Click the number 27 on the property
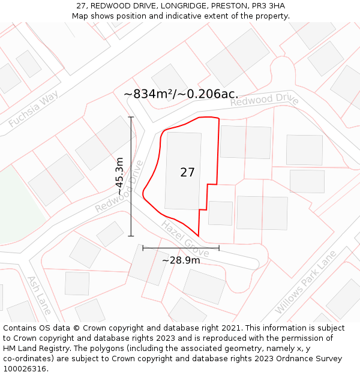point(187,172)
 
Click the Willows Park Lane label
point(305,283)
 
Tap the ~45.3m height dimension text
point(120,180)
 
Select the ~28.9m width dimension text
point(181,260)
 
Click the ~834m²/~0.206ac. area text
point(181,94)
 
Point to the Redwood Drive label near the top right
point(265,100)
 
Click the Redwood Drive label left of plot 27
point(120,186)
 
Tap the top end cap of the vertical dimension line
point(131,117)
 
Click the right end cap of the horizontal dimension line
point(219,247)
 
